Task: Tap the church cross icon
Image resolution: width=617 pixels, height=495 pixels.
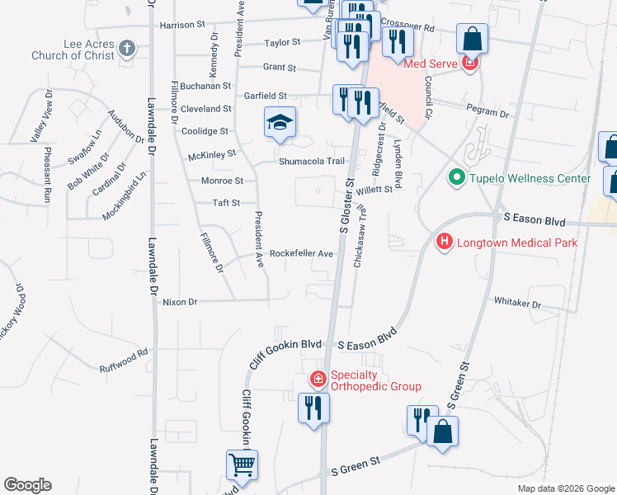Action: [x=127, y=49]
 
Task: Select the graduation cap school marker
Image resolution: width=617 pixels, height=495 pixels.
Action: [x=280, y=124]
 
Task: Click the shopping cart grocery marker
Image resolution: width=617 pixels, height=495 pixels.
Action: [x=242, y=465]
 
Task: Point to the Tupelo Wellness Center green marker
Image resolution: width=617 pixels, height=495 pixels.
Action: [x=455, y=178]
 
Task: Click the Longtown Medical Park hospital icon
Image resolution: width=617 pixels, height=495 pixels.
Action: [x=444, y=242]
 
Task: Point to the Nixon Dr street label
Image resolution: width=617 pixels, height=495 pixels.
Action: [x=181, y=302]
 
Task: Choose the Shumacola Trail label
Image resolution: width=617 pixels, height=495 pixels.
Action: [x=311, y=162]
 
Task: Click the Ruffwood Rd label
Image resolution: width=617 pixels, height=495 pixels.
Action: [x=124, y=361]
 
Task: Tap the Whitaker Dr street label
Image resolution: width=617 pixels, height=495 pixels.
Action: [x=517, y=304]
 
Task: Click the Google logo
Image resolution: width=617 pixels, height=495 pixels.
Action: [x=27, y=485]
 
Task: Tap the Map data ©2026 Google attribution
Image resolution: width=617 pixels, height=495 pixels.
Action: [x=565, y=488]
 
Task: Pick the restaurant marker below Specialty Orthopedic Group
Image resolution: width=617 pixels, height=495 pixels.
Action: [x=314, y=408]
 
